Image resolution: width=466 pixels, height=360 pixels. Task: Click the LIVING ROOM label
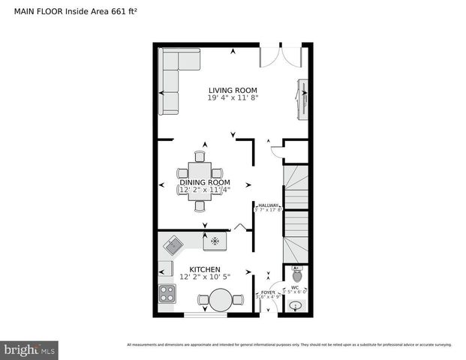tap(233, 90)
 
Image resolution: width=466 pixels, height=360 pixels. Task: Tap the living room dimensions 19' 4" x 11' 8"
tap(233, 98)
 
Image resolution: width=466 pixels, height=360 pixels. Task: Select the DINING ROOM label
tap(204, 182)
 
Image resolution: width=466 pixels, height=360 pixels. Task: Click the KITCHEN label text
tap(204, 268)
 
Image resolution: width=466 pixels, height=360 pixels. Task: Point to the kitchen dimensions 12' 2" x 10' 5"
tap(204, 277)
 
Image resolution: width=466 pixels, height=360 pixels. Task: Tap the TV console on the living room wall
tap(303, 98)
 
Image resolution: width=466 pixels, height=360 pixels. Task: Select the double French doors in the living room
tap(280, 57)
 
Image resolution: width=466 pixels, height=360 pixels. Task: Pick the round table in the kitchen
tap(221, 300)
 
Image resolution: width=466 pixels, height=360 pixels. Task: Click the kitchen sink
tap(174, 244)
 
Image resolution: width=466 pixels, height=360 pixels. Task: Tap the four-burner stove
tap(167, 293)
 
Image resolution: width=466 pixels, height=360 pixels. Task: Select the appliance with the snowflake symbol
tap(215, 241)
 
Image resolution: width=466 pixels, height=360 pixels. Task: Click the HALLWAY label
tap(269, 205)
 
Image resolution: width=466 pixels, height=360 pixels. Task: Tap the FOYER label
tap(268, 292)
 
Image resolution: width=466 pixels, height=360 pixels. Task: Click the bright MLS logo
tap(29, 349)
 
